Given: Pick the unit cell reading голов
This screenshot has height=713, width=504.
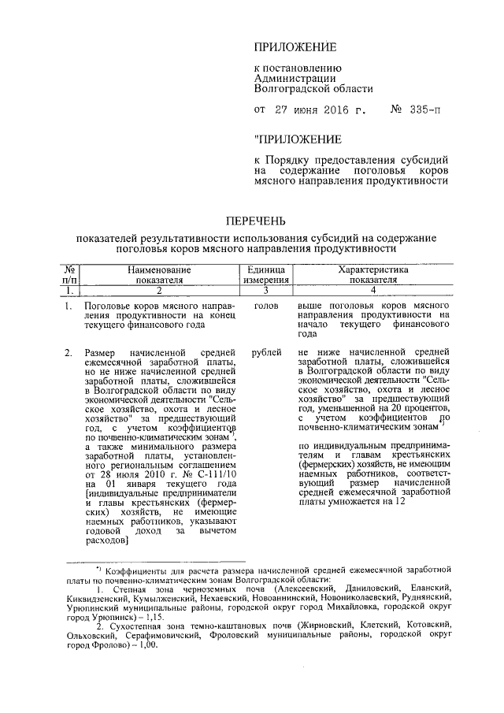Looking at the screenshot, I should click(x=266, y=304).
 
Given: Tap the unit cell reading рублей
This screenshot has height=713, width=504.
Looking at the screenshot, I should click(x=266, y=351).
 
